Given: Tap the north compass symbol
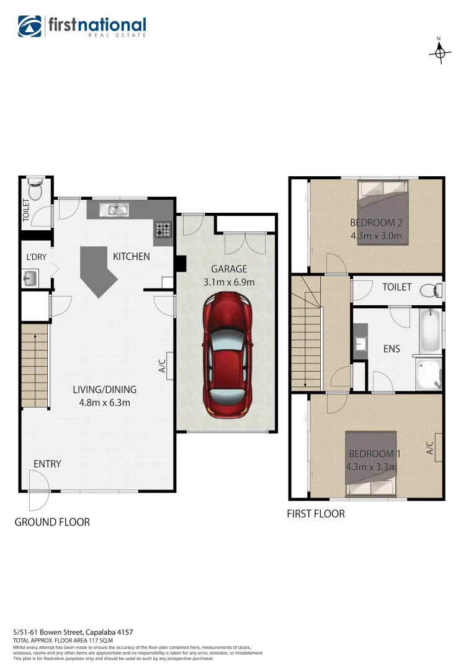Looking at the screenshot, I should coord(439,53).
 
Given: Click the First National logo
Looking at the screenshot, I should coord(83,27).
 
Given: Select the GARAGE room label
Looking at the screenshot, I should coord(229,269).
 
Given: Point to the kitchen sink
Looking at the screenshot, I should coord(116,210).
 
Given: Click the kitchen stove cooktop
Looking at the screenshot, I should coord(163,230).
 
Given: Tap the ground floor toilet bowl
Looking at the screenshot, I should coord(35,190).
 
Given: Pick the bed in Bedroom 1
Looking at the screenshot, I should coord(371,464).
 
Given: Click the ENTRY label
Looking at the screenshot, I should coord(47,464).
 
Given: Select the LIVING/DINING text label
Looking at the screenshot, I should coord(104,390).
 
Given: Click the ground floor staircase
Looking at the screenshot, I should coord(35,367).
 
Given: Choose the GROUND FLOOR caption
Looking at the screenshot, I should coord(52,522).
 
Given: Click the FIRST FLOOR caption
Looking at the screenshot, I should coord(315,514).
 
